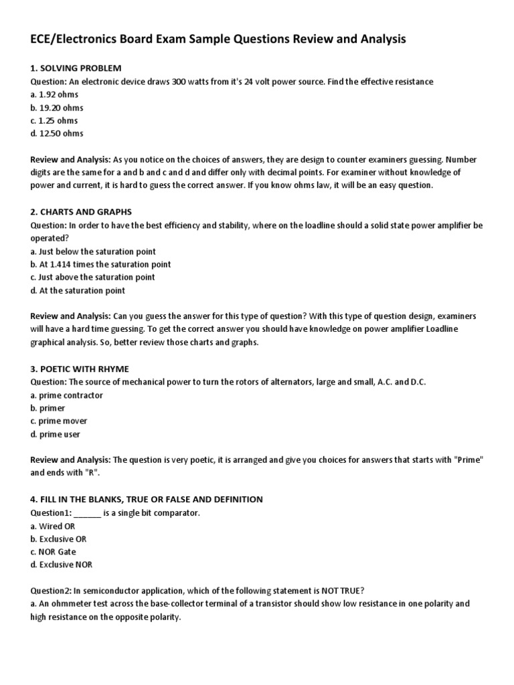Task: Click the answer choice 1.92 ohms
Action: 54,94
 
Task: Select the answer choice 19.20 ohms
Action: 57,107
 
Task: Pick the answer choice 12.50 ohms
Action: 57,133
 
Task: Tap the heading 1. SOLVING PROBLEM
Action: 76,68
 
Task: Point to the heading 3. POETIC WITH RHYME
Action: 80,369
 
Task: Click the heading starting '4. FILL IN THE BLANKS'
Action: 147,500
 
